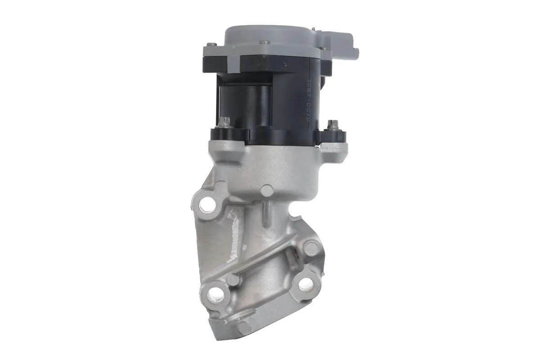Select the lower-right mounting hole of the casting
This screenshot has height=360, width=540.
(306, 283)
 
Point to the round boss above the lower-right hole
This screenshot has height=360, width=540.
(310, 247)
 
